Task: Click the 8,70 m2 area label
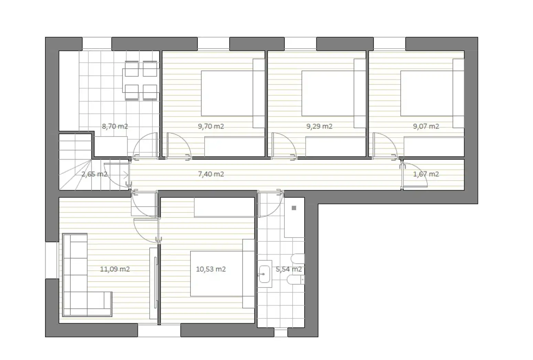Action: click(115, 126)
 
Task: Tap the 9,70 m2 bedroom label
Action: click(211, 126)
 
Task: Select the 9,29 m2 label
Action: click(319, 126)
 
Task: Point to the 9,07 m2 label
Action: click(426, 126)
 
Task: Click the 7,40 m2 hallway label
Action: click(211, 174)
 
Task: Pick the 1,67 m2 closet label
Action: click(426, 174)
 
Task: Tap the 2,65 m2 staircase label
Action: click(94, 174)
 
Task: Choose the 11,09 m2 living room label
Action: click(115, 269)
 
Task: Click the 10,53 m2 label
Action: click(211, 269)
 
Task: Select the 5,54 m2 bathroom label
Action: click(289, 269)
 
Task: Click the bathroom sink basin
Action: click(264, 274)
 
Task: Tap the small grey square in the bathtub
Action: click(294, 208)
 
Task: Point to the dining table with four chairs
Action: click(140, 80)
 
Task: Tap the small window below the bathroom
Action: click(281, 332)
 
